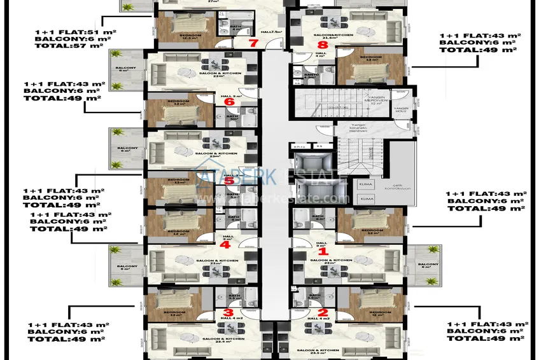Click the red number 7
pos(253,43)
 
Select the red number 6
pos(229,101)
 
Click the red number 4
pos(224,244)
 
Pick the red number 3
pos(228,312)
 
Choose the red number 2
pos(323,312)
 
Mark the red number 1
pos(323,252)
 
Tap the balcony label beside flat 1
pos(428,266)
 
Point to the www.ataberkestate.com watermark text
pos(274,198)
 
